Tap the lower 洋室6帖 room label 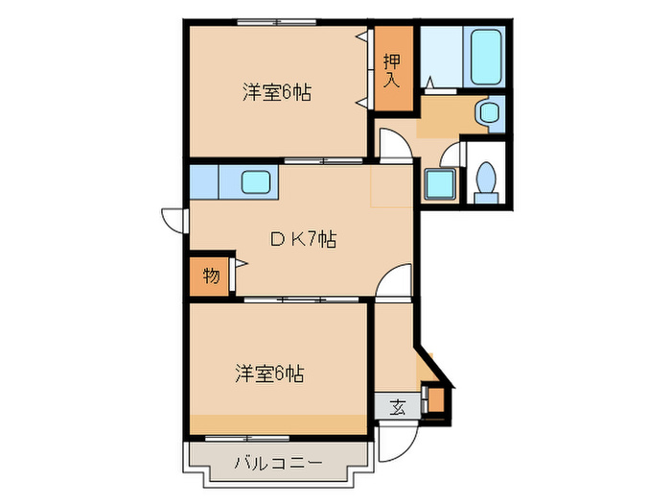(x=271, y=373)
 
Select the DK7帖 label (x=301, y=241)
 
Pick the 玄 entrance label (x=397, y=406)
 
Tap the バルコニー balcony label (x=278, y=464)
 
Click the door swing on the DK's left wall (x=173, y=219)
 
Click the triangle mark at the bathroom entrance (x=430, y=83)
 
